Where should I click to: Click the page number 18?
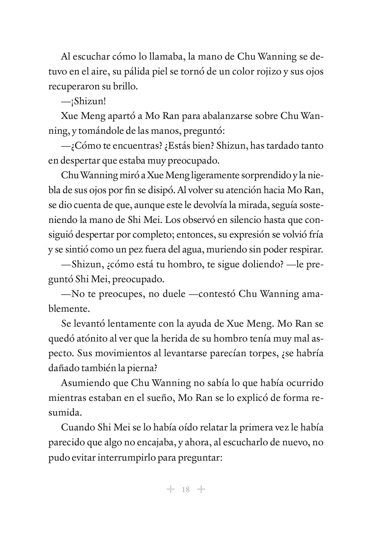[x=185, y=489]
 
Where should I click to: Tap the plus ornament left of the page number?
[x=171, y=489]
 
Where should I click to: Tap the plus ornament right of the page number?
[x=201, y=489]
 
